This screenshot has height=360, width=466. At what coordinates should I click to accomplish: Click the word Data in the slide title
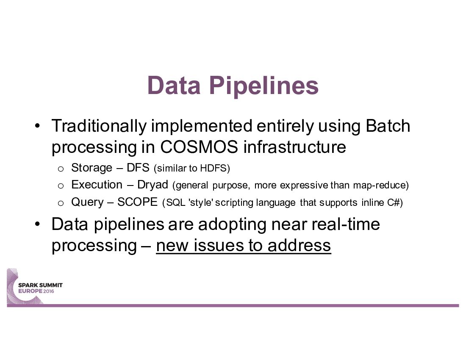pyautogui.click(x=174, y=86)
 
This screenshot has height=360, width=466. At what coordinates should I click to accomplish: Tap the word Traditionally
pyautogui.click(x=99, y=126)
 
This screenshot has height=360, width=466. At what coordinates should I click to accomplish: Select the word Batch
pyautogui.click(x=388, y=126)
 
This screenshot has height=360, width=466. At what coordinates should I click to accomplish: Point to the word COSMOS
pyautogui.click(x=199, y=147)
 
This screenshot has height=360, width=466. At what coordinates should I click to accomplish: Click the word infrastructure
pyautogui.click(x=295, y=147)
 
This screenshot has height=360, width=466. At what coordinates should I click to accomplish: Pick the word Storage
pyautogui.click(x=92, y=168)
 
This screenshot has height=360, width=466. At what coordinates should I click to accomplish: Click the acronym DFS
pyautogui.click(x=138, y=168)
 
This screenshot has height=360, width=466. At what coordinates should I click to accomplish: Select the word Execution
pyautogui.click(x=97, y=185)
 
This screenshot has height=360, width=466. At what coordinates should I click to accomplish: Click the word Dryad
pyautogui.click(x=153, y=185)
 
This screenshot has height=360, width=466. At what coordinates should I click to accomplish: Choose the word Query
pyautogui.click(x=87, y=202)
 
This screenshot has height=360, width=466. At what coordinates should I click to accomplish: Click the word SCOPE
pyautogui.click(x=137, y=202)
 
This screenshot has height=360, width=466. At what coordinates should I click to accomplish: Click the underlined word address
pyautogui.click(x=299, y=245)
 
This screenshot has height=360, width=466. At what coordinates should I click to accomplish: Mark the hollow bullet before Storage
pyautogui.click(x=61, y=169)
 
